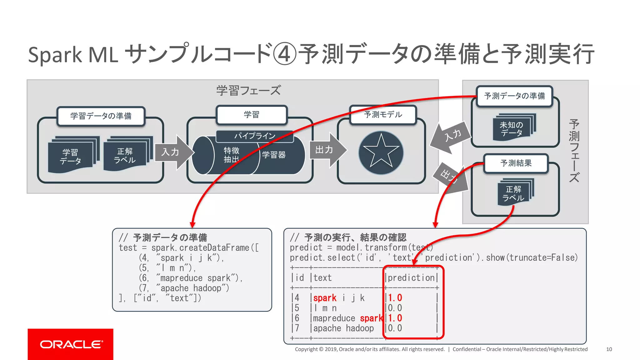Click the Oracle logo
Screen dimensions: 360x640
tap(71, 344)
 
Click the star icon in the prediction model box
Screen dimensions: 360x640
tap(381, 153)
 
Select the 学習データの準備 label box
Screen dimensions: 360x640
tap(101, 116)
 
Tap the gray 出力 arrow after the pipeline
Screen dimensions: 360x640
tap(327, 150)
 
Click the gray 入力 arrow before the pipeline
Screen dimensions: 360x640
tap(173, 152)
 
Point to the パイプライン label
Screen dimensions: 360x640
tap(255, 136)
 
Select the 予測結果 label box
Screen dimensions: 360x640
tap(516, 163)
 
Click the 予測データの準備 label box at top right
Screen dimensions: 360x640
tap(514, 96)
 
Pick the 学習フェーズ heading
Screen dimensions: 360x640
tap(248, 91)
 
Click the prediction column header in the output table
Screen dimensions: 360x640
tap(411, 277)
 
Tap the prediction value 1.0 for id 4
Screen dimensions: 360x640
tap(395, 298)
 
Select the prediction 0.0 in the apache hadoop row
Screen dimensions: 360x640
tap(395, 328)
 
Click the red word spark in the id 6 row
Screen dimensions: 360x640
tap(371, 318)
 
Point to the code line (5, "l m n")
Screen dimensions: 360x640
tap(167, 268)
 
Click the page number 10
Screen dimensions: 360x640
tap(609, 349)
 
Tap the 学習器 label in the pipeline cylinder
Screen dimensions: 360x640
tap(274, 155)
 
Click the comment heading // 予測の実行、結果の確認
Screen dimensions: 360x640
tap(348, 237)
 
